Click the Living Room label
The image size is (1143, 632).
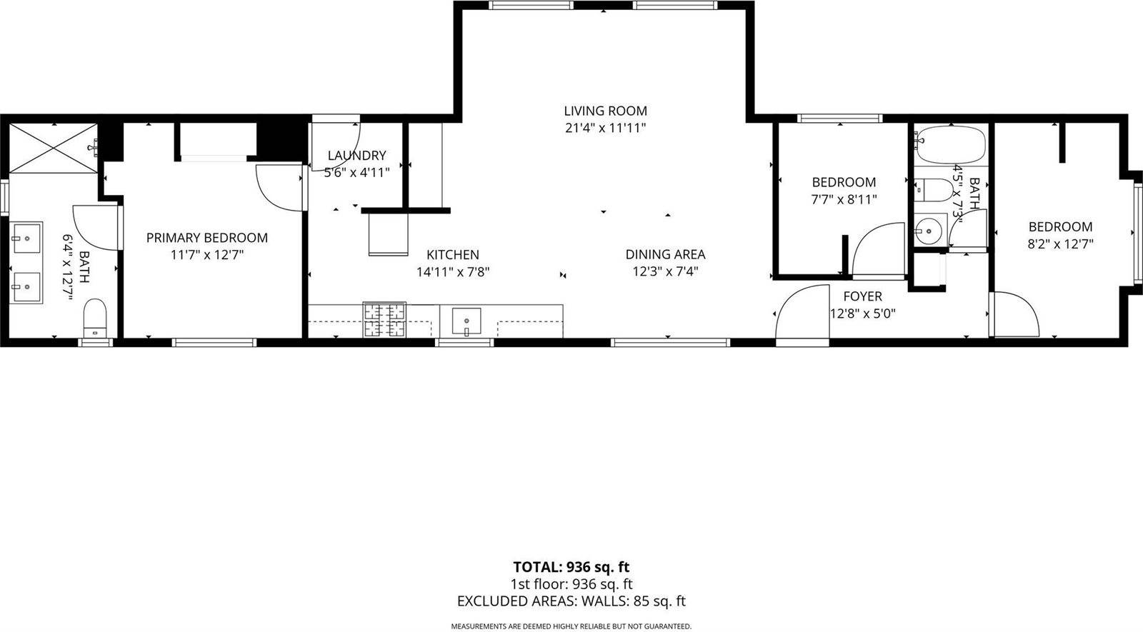click(605, 111)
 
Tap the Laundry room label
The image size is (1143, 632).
click(356, 155)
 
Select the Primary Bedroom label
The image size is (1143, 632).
click(207, 238)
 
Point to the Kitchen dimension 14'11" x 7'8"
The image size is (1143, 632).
click(453, 271)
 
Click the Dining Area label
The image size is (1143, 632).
click(665, 254)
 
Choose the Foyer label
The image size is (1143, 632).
click(862, 296)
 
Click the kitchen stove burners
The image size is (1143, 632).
click(384, 319)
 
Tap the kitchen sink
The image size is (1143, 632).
click(466, 321)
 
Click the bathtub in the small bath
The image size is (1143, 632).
click(951, 145)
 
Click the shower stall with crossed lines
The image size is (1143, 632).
click(54, 147)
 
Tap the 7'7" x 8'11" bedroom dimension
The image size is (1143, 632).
click(844, 200)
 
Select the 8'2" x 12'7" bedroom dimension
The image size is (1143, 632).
click(1060, 244)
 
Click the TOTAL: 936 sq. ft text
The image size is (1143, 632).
click(571, 567)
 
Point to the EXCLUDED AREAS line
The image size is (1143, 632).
click(571, 601)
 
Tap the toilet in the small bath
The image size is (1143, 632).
click(936, 191)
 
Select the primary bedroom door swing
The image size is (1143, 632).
click(279, 187)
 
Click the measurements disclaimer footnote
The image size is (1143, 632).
click(571, 626)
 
